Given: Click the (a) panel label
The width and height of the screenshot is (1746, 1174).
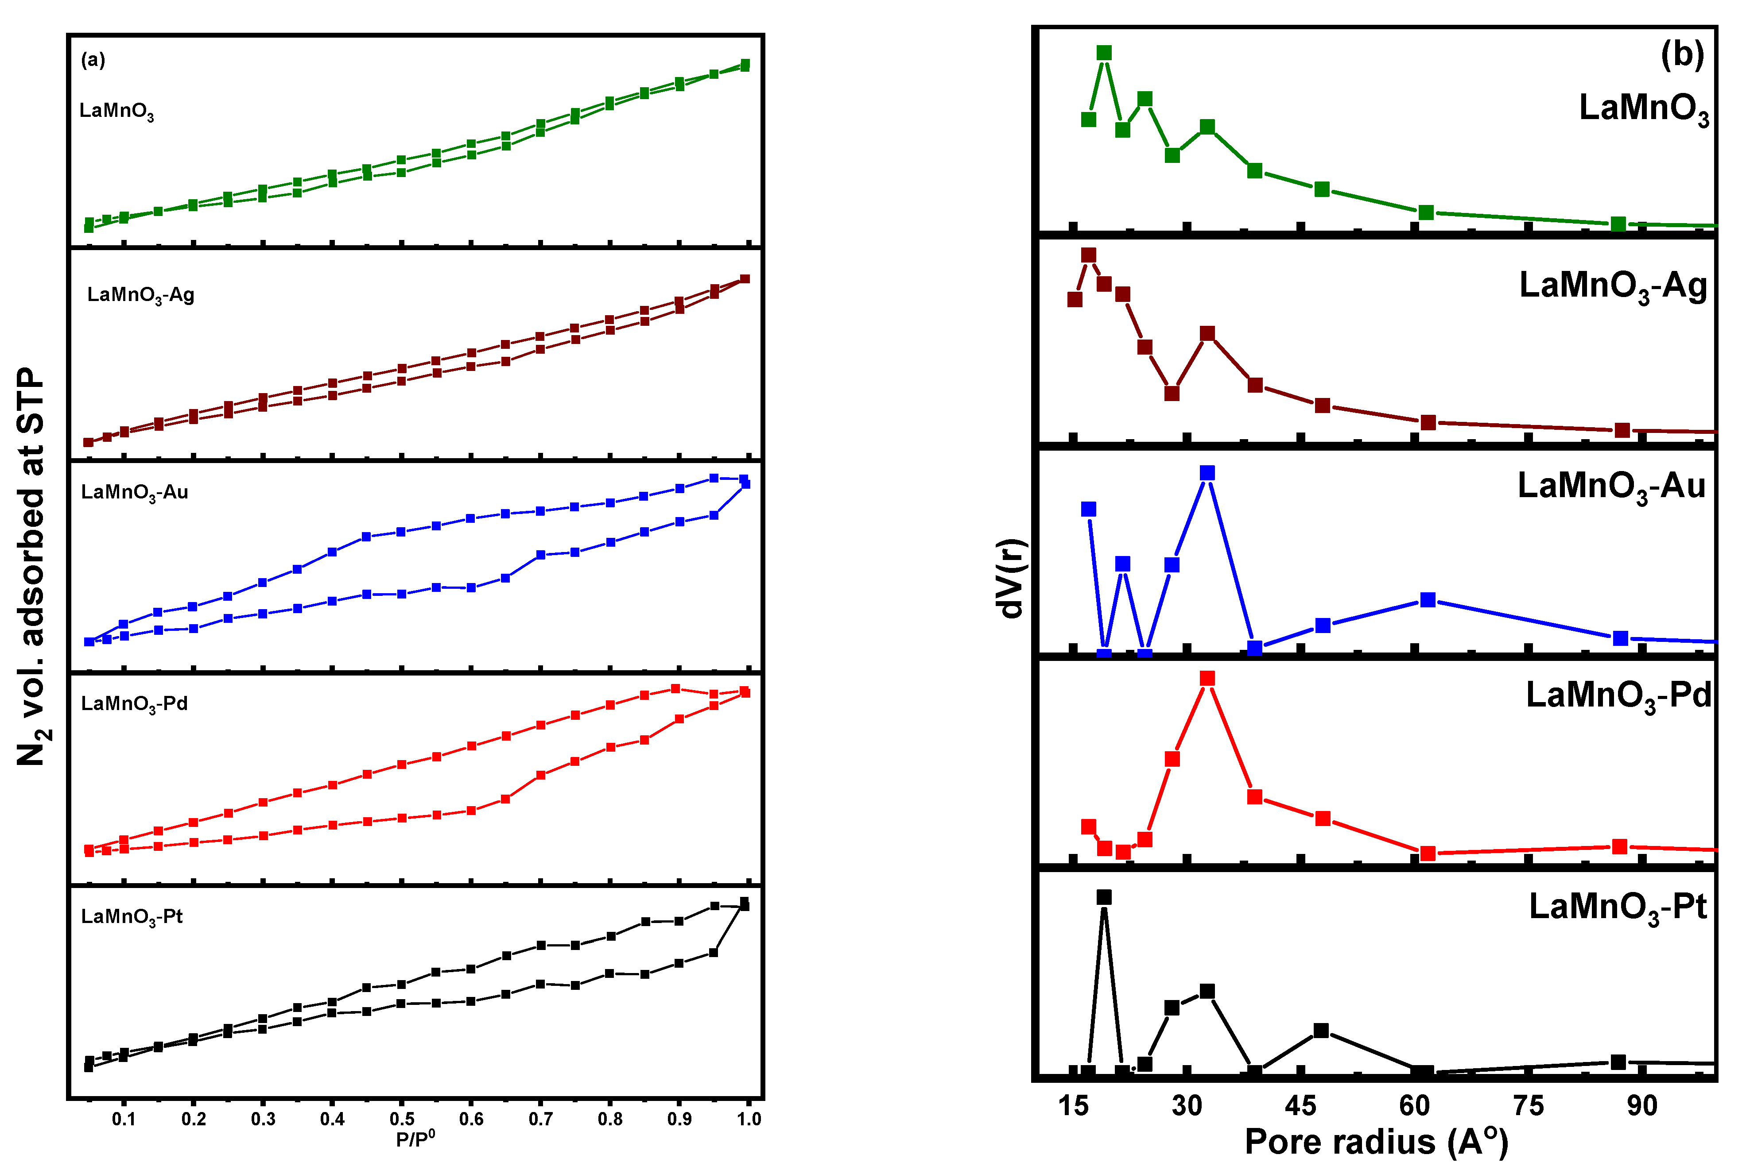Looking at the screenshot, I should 93,60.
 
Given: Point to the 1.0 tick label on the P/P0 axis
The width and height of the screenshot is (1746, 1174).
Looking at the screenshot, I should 748,1120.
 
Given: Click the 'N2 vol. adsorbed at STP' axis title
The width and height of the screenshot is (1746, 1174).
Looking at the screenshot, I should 31,566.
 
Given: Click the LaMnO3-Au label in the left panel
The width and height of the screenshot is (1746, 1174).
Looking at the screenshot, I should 135,493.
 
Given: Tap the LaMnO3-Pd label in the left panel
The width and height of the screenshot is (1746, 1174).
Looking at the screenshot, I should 135,704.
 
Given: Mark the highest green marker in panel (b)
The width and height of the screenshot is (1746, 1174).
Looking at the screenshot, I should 1104,52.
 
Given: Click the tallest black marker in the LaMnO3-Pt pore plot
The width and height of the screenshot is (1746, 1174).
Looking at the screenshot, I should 1104,897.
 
